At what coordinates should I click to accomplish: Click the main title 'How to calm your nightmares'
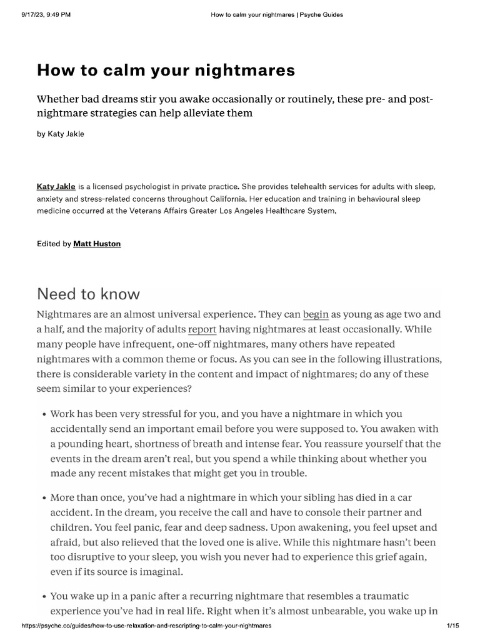[x=166, y=71]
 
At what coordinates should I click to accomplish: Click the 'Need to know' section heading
[x=88, y=293]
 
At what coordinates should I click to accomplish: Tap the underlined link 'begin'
[x=316, y=314]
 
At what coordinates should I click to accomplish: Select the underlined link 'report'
[x=202, y=329]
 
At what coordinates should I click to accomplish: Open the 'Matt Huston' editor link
[x=97, y=244]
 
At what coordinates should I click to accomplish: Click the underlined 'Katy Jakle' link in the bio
[x=56, y=186]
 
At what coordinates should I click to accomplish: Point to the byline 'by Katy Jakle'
[x=61, y=134]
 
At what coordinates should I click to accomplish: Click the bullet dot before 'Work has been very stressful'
[x=44, y=414]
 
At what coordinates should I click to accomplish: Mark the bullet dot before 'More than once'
[x=44, y=498]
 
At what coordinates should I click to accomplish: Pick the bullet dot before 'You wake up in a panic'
[x=44, y=597]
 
